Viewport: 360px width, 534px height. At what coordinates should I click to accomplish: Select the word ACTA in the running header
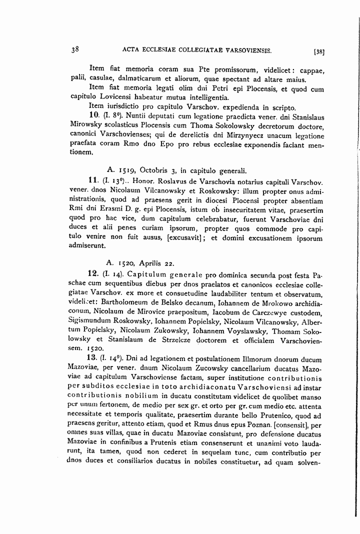click(130, 50)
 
